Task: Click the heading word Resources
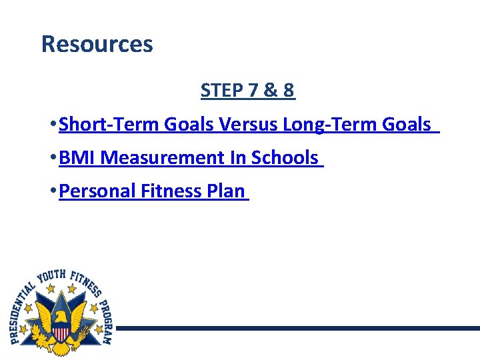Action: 97,44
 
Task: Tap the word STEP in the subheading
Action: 221,91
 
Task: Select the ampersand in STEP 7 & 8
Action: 269,91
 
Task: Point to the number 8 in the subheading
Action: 288,91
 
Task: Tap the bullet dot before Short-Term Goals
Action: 53,125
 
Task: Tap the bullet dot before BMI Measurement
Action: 53,158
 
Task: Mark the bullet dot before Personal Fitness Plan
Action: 53,191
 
